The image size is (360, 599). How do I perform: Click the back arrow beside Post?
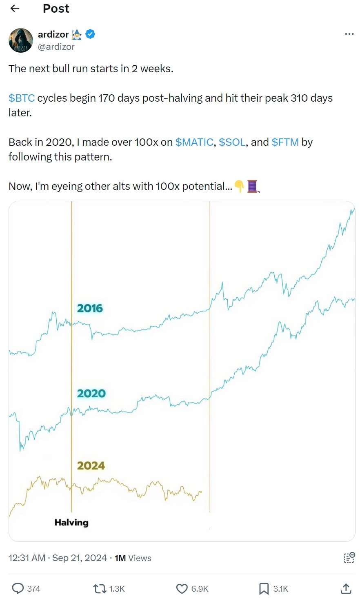15,9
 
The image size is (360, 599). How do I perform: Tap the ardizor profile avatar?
21,40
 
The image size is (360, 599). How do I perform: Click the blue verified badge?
91,34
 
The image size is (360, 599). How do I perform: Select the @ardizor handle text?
56,47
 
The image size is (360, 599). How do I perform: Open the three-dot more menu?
349,34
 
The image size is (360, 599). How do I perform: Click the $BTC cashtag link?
22,98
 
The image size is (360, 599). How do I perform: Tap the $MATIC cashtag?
194,142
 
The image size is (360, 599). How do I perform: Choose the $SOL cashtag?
232,142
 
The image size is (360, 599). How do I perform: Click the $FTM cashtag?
285,142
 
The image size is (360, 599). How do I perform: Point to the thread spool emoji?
253,187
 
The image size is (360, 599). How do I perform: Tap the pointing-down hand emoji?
239,187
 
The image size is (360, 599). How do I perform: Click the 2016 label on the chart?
90,308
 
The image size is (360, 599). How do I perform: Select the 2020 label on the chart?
91,394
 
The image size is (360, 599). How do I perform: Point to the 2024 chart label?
91,465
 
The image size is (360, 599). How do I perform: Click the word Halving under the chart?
71,522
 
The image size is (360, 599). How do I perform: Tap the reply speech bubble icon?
18,588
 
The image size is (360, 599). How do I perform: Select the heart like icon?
182,588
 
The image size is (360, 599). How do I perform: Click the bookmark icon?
264,588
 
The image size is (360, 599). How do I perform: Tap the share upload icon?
346,588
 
